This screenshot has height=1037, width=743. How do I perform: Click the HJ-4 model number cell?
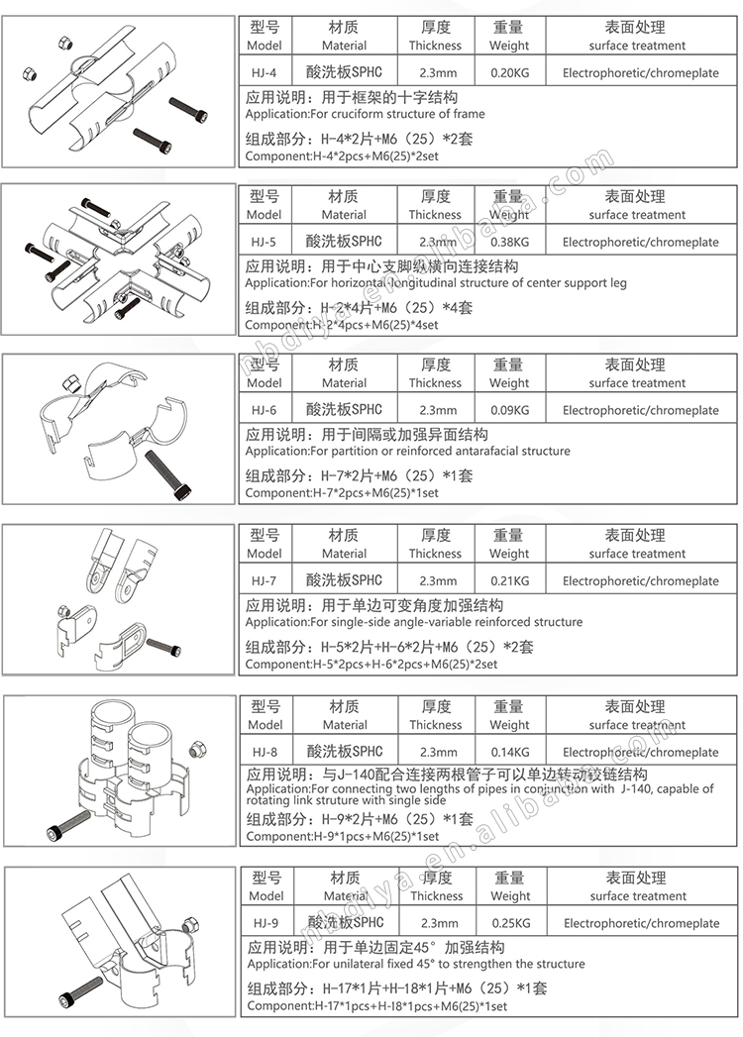pos(264,72)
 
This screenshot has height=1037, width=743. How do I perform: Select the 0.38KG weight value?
pos(509,242)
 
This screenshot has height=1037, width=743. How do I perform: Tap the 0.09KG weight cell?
pos(509,410)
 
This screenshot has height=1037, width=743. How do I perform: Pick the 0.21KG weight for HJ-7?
pos(509,580)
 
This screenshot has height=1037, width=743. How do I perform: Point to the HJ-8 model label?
pos(265,752)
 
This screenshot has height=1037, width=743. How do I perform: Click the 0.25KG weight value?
pos(511,922)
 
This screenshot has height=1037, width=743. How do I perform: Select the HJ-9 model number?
pos(265,922)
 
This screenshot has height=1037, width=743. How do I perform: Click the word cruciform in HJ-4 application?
pos(360,114)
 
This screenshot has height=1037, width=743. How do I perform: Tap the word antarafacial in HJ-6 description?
pos(487,451)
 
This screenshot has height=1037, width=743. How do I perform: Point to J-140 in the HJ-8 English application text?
pos(636,788)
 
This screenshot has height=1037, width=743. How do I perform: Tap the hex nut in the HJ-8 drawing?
pos(197,751)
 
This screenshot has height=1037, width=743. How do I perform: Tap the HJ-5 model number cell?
pos(264,242)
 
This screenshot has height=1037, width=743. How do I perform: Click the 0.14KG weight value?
pos(510,752)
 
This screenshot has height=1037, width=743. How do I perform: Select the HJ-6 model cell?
pos(264,410)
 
